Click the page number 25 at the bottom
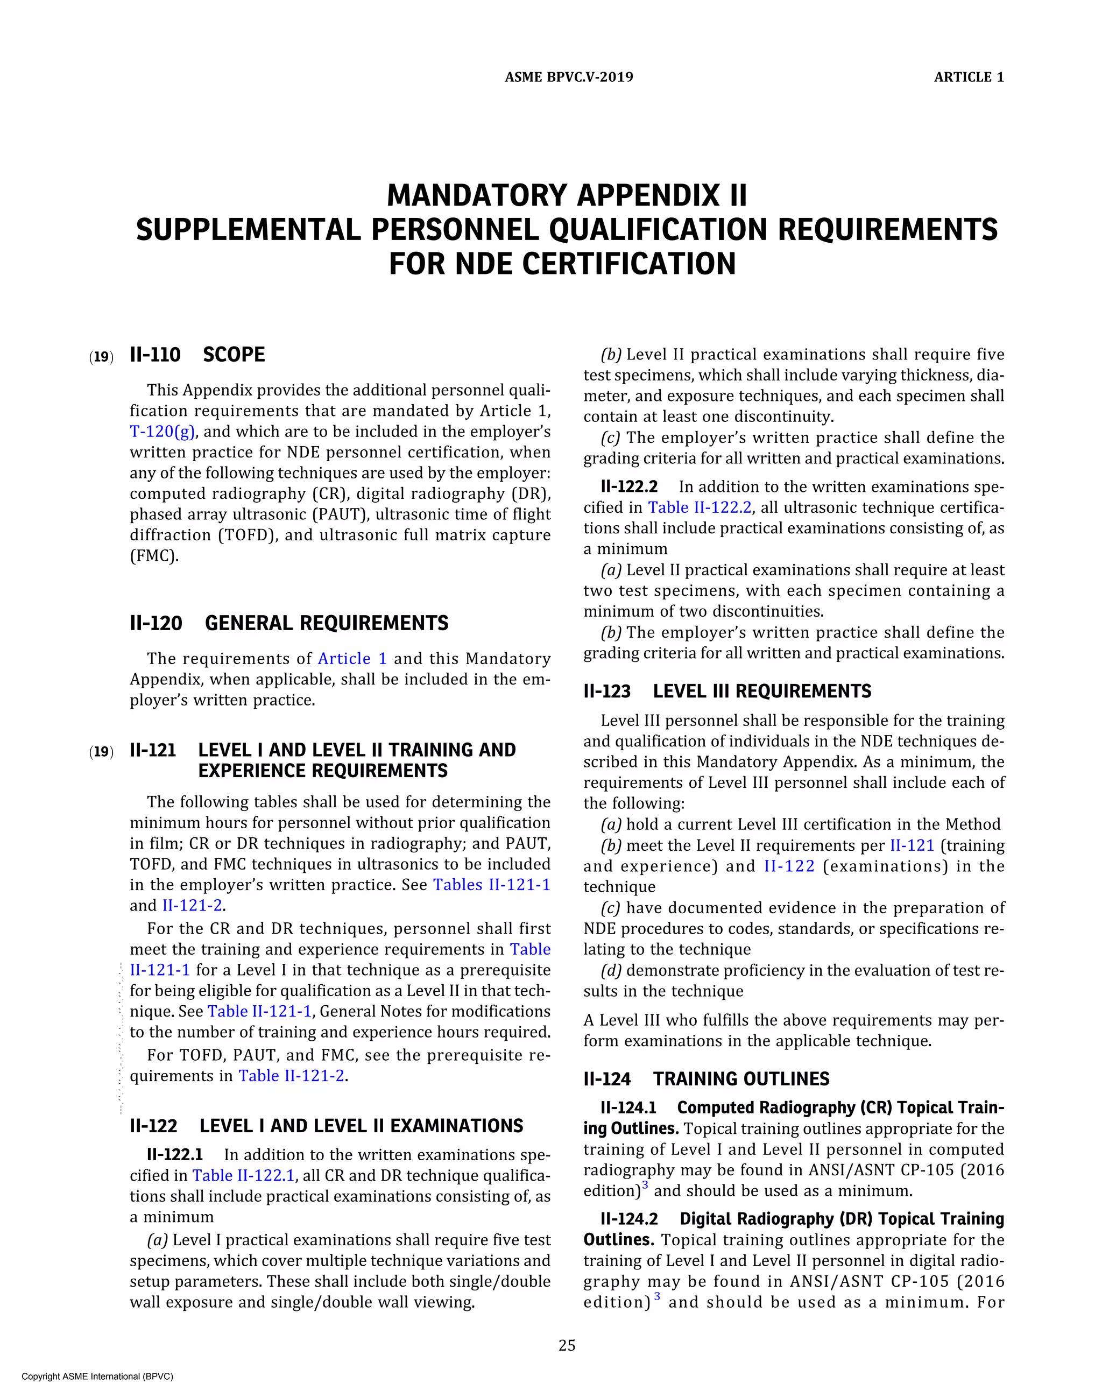tap(567, 1346)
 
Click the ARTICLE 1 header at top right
tap(969, 77)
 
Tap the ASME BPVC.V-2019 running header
tap(569, 77)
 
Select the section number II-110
tap(155, 355)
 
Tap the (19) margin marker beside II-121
tap(101, 751)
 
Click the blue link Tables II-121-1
tap(491, 885)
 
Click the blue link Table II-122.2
tap(699, 507)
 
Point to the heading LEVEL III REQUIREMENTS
tap(762, 691)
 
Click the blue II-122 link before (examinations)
tap(789, 866)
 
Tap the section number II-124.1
tap(628, 1108)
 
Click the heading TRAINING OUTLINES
tap(741, 1079)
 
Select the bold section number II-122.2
tap(629, 487)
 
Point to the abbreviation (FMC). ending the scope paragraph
tap(154, 555)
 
